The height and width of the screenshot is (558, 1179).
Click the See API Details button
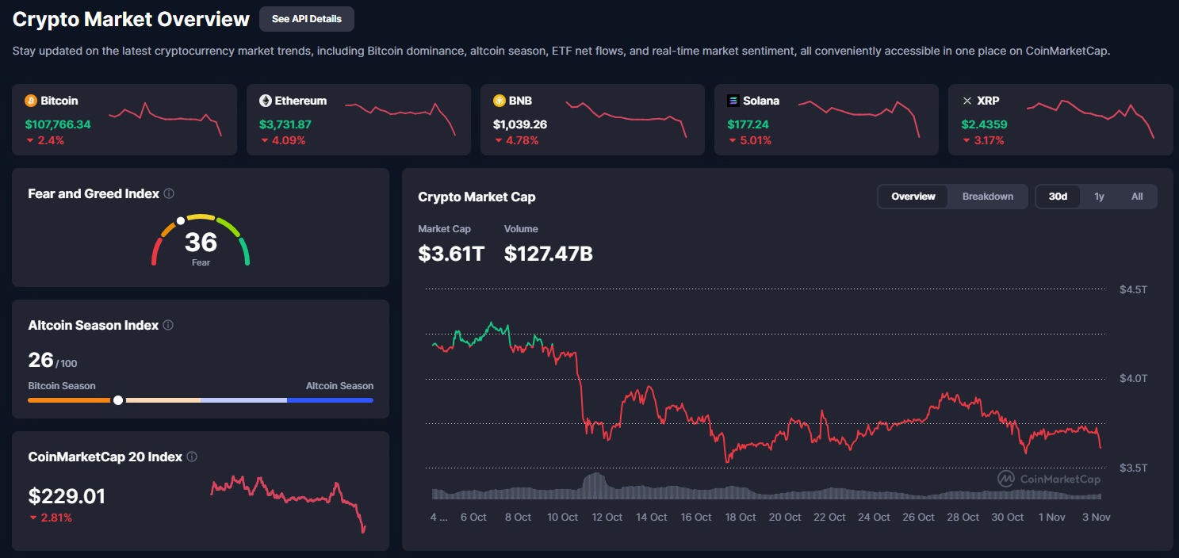pos(306,18)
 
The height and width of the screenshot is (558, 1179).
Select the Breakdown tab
pos(987,197)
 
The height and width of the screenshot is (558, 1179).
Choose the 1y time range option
pos(1099,197)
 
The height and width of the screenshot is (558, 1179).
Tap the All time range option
pos(1137,197)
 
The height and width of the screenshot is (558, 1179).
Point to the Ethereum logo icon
pos(266,101)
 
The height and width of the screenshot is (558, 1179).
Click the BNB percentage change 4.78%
pos(522,140)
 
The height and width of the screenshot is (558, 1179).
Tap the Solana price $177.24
pos(748,124)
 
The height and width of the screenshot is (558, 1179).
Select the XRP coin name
pos(988,101)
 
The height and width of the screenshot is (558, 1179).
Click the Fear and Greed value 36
pos(201,242)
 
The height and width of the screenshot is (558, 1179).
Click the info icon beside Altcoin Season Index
pos(168,325)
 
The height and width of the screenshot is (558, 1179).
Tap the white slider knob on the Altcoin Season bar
pos(118,400)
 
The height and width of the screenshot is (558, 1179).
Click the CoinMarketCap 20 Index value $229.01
pos(67,497)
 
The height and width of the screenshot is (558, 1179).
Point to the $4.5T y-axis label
pos(1133,289)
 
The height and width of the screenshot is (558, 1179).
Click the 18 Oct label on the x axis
pos(741,517)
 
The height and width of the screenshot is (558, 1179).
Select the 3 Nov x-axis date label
pos(1096,517)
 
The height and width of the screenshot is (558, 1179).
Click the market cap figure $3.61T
pos(451,254)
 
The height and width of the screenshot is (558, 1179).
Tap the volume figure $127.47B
pos(549,254)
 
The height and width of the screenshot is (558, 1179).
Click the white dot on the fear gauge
pos(181,220)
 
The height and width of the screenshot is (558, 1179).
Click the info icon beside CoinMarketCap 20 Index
pos(192,457)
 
